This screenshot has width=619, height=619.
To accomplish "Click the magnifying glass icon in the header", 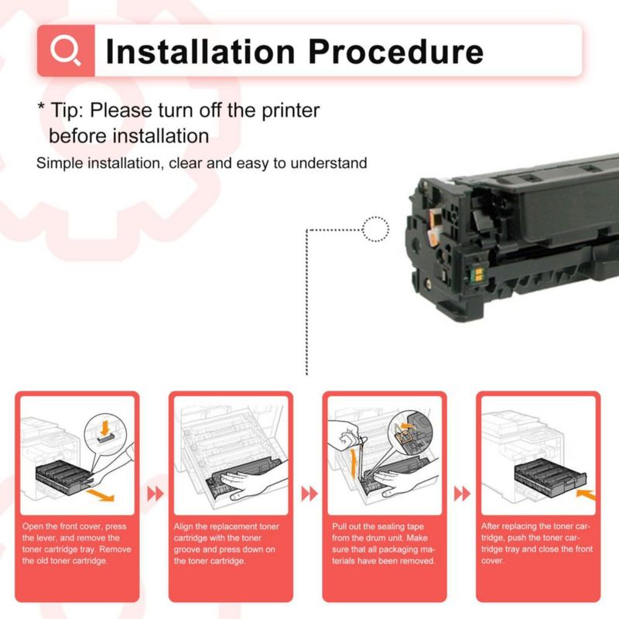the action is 65,50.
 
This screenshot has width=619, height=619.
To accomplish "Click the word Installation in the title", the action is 200,51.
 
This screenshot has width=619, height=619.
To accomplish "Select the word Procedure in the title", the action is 396,52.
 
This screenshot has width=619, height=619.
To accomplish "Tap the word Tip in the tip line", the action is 65,111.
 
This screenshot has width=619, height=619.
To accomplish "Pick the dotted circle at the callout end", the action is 375,229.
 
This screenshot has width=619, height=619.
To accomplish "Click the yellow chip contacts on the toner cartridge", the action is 477,275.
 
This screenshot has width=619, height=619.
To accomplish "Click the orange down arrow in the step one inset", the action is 104,428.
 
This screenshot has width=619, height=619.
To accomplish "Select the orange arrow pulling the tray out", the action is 101,495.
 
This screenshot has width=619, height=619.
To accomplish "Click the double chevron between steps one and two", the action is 156,494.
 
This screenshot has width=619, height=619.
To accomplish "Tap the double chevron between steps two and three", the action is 309,494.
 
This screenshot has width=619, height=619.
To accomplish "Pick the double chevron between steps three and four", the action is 462,494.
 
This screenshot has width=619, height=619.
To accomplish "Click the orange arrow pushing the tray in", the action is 586,495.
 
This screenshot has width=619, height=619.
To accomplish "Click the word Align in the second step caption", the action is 183,527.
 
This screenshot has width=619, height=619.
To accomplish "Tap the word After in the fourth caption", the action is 491,526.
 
